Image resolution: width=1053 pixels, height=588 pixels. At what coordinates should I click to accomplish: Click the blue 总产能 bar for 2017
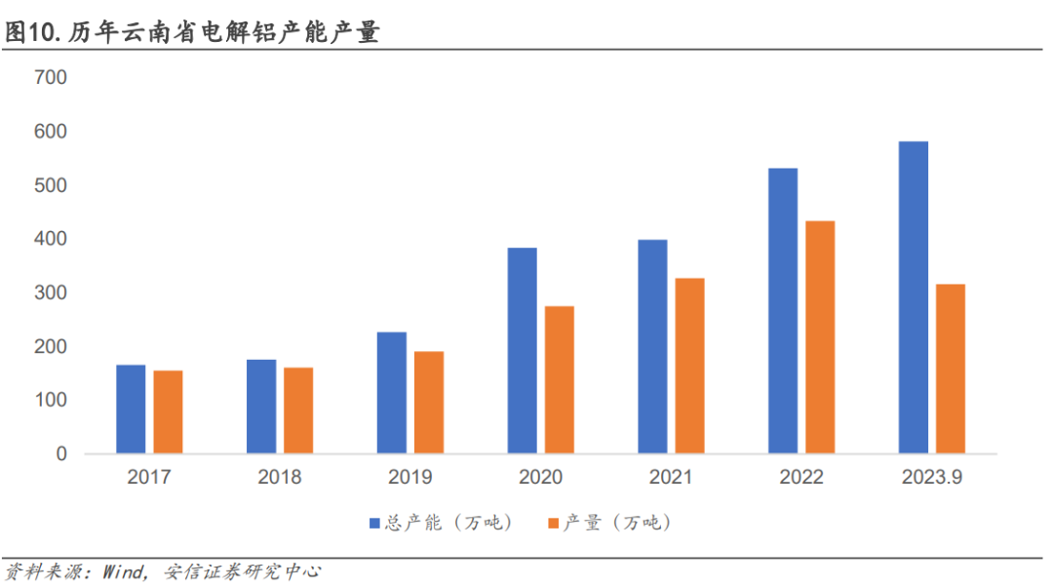pyautogui.click(x=131, y=410)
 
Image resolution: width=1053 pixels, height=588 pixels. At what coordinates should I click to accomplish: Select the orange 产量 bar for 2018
pyautogui.click(x=298, y=411)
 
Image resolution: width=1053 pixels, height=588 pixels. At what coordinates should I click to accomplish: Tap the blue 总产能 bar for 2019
pyautogui.click(x=392, y=393)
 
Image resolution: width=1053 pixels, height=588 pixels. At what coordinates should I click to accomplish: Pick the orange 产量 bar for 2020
pyautogui.click(x=559, y=380)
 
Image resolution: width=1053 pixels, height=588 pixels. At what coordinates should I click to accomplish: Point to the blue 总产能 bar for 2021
pyautogui.click(x=652, y=347)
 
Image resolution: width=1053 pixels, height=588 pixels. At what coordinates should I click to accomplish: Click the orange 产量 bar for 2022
pyautogui.click(x=820, y=337)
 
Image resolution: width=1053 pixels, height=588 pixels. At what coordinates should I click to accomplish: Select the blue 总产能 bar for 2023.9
pyautogui.click(x=914, y=297)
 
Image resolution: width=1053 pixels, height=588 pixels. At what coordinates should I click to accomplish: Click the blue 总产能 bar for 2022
pyautogui.click(x=783, y=311)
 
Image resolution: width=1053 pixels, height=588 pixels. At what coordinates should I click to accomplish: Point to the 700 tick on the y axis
pyautogui.click(x=50, y=77)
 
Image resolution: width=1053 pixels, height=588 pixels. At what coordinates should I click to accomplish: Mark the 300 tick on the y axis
pyautogui.click(x=50, y=293)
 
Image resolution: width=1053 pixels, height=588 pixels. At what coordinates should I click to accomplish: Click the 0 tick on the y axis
pyautogui.click(x=61, y=454)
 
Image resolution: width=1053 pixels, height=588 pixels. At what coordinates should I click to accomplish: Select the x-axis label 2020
pyautogui.click(x=540, y=478)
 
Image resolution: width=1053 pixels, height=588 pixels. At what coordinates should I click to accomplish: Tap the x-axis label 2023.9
pyautogui.click(x=932, y=478)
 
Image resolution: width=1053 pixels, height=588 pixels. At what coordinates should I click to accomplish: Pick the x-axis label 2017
pyautogui.click(x=149, y=478)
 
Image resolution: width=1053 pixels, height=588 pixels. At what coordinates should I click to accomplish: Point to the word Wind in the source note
pyautogui.click(x=123, y=571)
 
